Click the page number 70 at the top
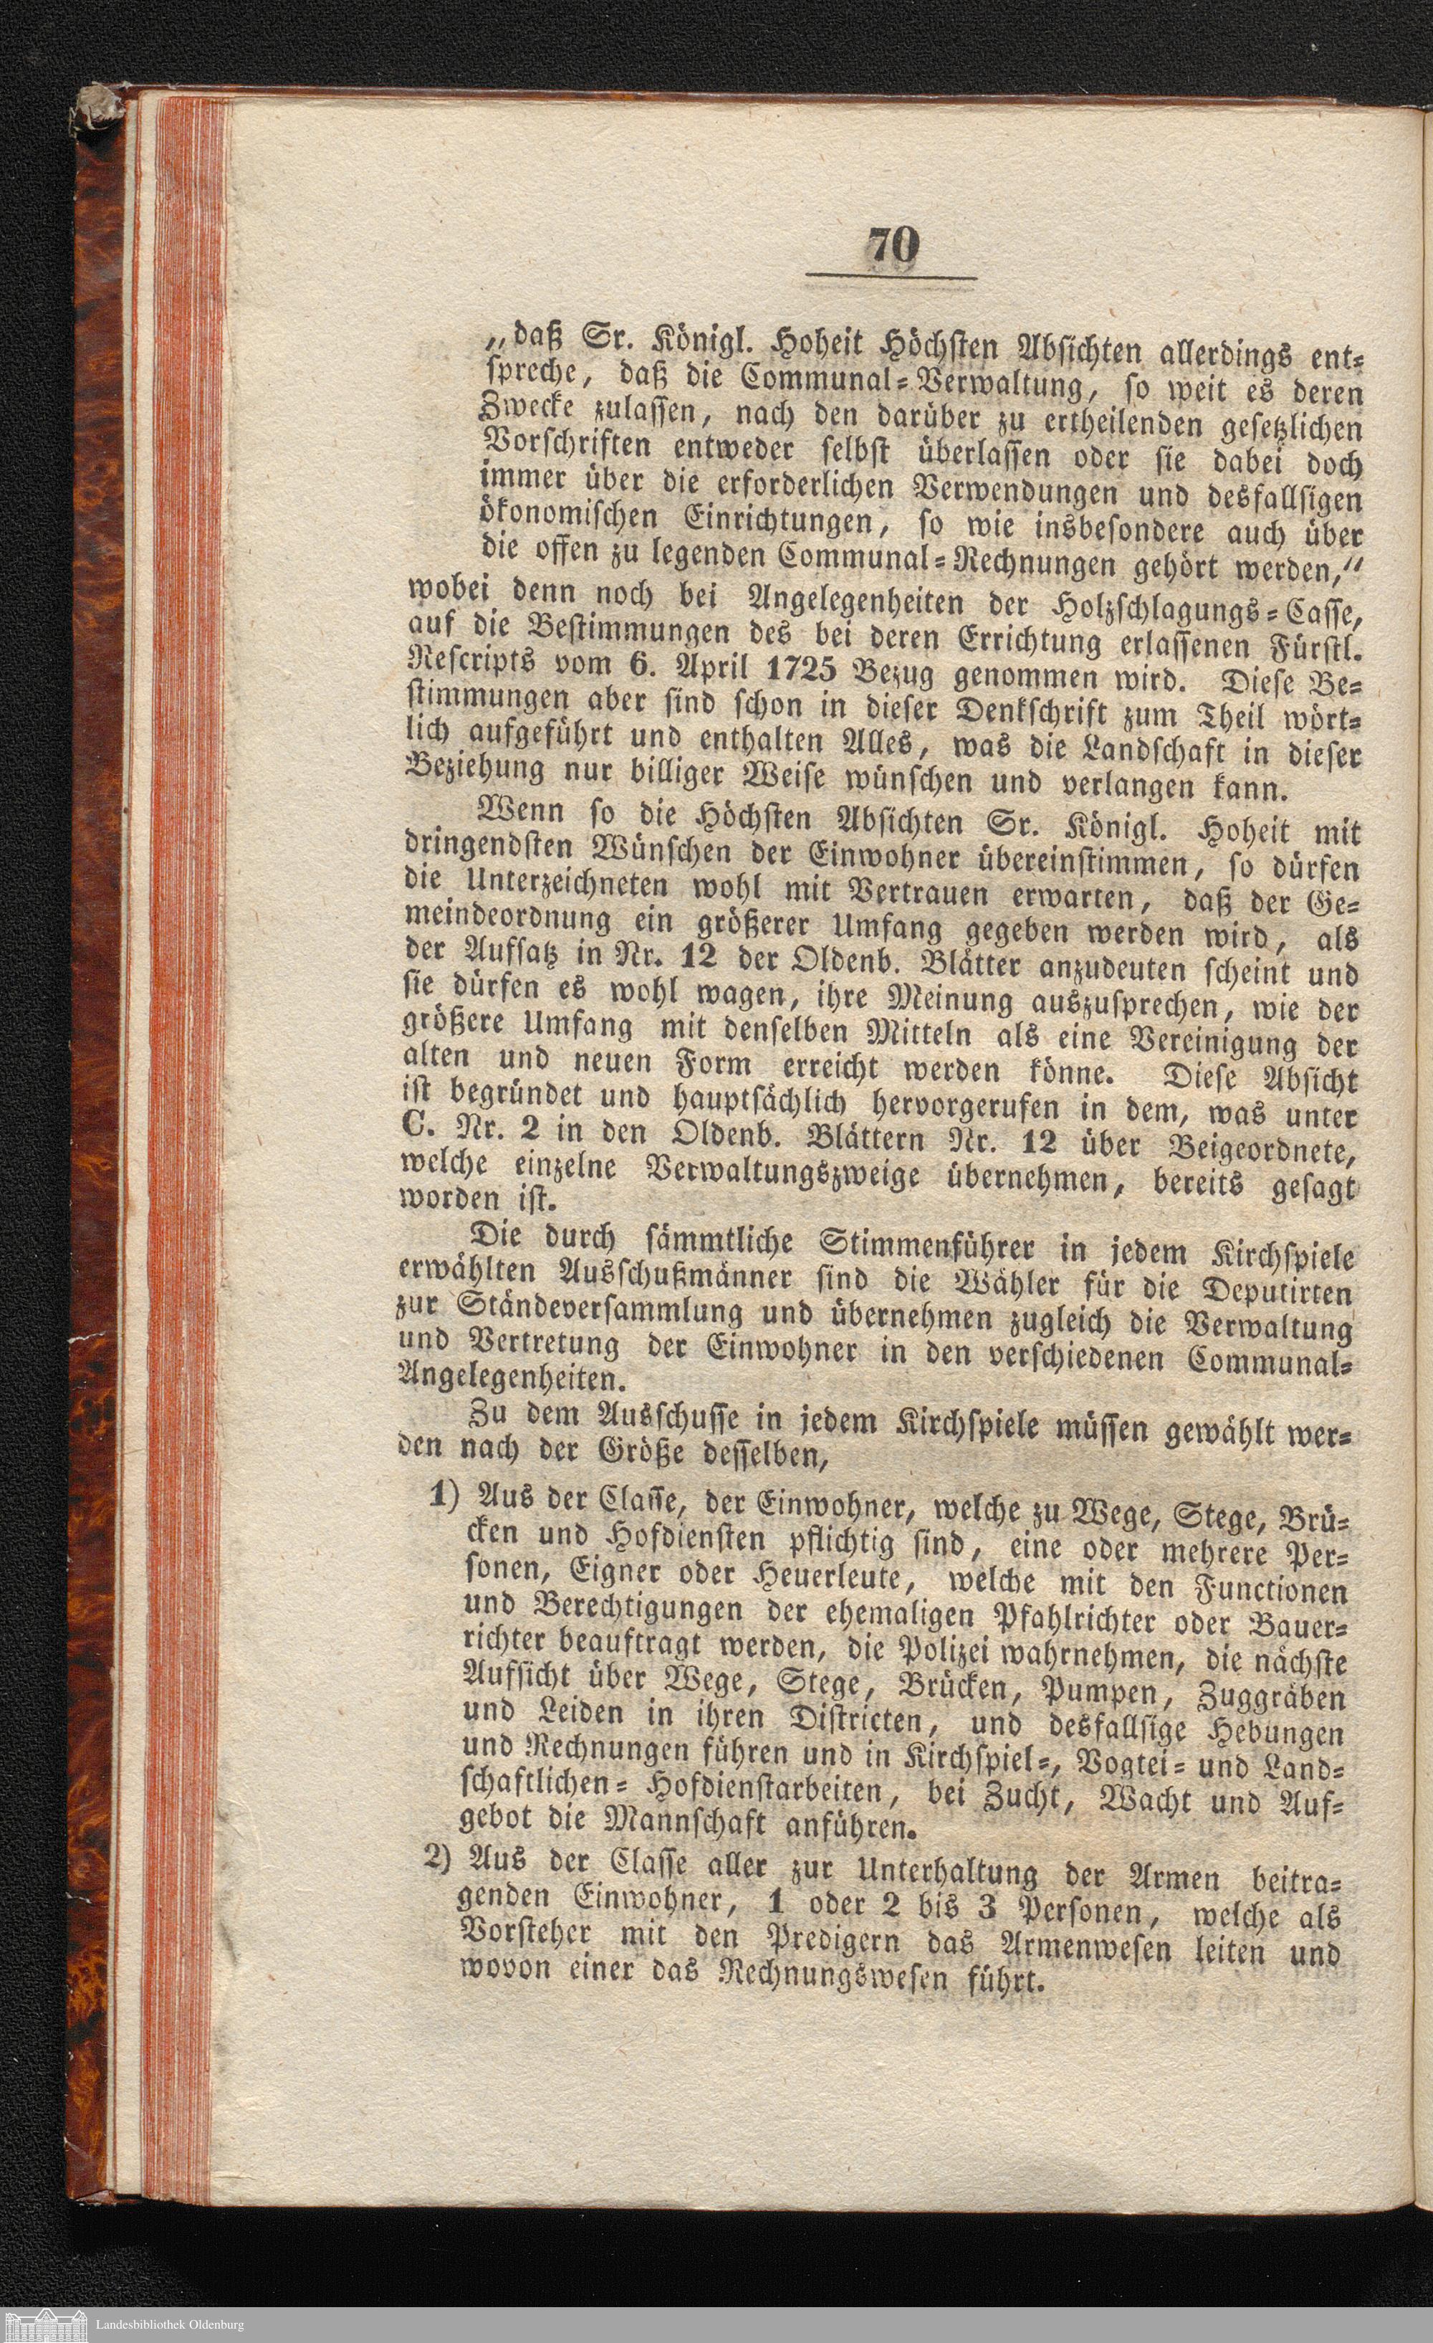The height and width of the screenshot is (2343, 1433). tap(892, 249)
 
